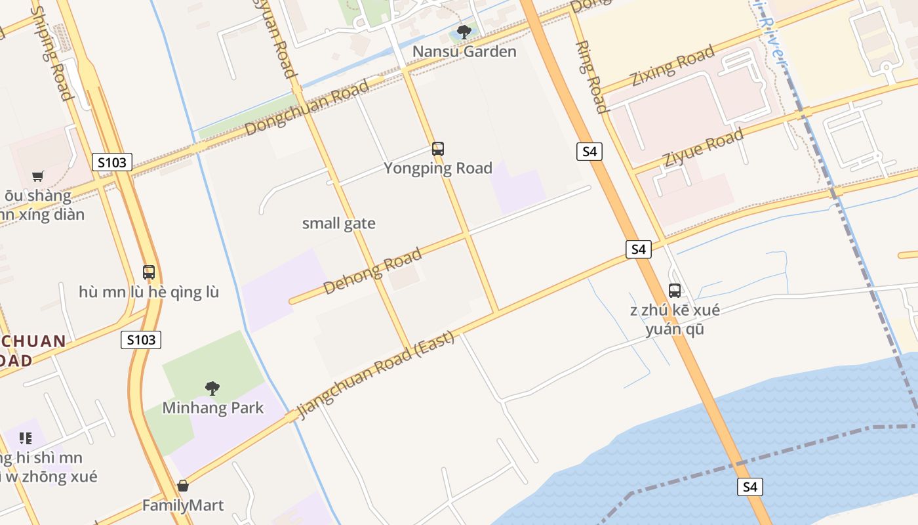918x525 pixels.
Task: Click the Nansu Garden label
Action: click(464, 51)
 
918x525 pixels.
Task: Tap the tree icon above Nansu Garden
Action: click(464, 31)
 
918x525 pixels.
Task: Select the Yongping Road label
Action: click(438, 168)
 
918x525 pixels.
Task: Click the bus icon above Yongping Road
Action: click(438, 149)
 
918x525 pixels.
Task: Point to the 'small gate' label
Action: click(339, 223)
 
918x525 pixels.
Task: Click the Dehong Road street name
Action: click(372, 272)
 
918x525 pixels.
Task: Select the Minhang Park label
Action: click(213, 408)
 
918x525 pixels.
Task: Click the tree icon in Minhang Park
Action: click(212, 388)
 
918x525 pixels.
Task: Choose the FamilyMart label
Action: click(183, 505)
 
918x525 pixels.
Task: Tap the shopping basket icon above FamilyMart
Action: click(183, 486)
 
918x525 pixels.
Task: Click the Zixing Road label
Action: click(671, 66)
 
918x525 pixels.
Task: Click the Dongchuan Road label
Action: click(308, 109)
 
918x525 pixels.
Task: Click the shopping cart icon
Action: click(38, 176)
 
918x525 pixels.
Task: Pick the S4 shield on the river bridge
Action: click(750, 487)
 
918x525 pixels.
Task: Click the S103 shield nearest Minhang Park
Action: click(141, 339)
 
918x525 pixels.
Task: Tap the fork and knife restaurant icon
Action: click(26, 438)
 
